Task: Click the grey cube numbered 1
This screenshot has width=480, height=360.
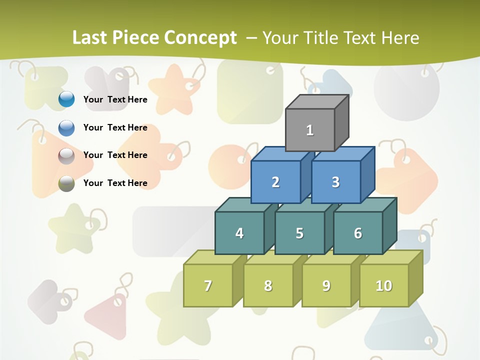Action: (310, 130)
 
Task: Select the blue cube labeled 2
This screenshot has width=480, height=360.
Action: (275, 182)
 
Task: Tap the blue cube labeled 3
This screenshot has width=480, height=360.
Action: (335, 182)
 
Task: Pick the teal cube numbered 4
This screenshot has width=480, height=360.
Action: (239, 233)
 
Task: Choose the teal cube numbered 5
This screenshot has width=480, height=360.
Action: (299, 233)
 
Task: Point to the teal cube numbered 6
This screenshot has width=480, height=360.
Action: (358, 233)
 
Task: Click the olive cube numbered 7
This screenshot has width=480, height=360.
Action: (208, 285)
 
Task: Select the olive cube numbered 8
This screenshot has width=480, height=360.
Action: (268, 285)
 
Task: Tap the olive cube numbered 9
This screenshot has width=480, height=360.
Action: (326, 285)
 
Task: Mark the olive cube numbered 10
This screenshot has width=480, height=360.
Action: (384, 285)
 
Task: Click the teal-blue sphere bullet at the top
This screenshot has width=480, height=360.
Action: (66, 99)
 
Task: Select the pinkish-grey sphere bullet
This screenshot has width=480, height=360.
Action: (66, 156)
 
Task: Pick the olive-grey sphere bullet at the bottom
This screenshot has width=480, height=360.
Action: (66, 183)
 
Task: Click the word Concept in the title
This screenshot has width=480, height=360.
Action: (200, 38)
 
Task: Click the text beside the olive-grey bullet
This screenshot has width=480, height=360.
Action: (115, 183)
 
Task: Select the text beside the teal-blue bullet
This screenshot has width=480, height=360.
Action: (115, 99)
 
